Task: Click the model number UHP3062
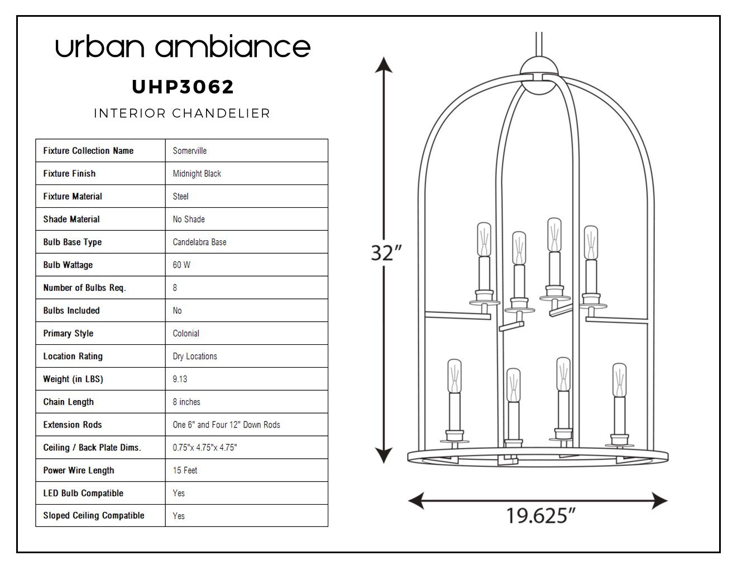[x=183, y=87]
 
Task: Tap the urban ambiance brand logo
[x=183, y=46]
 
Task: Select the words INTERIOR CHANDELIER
[x=182, y=113]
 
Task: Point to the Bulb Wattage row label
[x=68, y=265]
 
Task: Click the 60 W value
[x=181, y=265]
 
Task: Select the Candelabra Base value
[x=199, y=242]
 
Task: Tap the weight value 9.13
[x=180, y=379]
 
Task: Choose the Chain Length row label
[x=68, y=402]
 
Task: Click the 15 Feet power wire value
[x=185, y=470]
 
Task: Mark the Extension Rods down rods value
[x=226, y=425]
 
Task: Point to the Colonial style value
[x=186, y=334]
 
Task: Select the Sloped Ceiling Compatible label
[x=94, y=516]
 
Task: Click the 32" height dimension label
[x=386, y=253]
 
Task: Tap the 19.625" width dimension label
[x=540, y=516]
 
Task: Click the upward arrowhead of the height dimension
[x=384, y=65]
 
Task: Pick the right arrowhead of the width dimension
[x=659, y=501]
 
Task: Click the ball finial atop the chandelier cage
[x=539, y=75]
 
